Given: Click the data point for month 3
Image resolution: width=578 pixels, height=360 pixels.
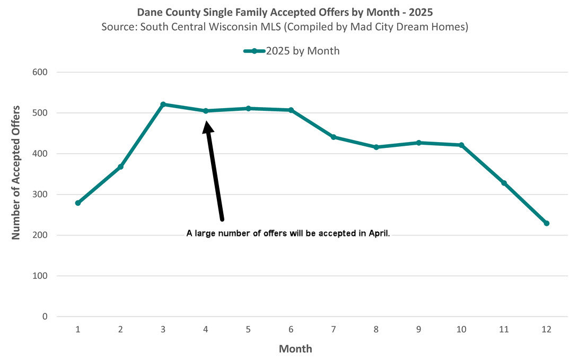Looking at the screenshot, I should tap(163, 104).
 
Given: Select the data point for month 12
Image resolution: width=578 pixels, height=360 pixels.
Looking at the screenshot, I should tap(547, 223).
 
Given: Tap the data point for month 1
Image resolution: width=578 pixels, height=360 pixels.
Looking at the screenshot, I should tap(78, 203).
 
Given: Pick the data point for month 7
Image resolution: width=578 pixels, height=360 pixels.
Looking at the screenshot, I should tap(334, 137).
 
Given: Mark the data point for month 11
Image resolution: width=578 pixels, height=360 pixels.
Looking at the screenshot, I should tap(504, 183).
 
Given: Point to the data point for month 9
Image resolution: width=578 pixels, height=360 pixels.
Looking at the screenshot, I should tap(418, 143).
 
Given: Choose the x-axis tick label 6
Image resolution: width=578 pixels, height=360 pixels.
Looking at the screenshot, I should tap(291, 330).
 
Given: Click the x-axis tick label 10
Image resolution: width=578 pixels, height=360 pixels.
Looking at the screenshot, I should tap(461, 330).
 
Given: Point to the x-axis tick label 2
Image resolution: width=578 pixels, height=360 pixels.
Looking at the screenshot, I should tap(120, 330).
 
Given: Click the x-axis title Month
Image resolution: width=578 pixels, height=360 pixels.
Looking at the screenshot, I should tap(295, 349).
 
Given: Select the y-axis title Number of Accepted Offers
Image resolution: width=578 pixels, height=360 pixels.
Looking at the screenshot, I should tap(16, 172).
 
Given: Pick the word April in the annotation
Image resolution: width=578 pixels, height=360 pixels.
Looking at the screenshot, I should tap(379, 233).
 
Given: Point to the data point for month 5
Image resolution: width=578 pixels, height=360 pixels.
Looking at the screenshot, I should tap(248, 108).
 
